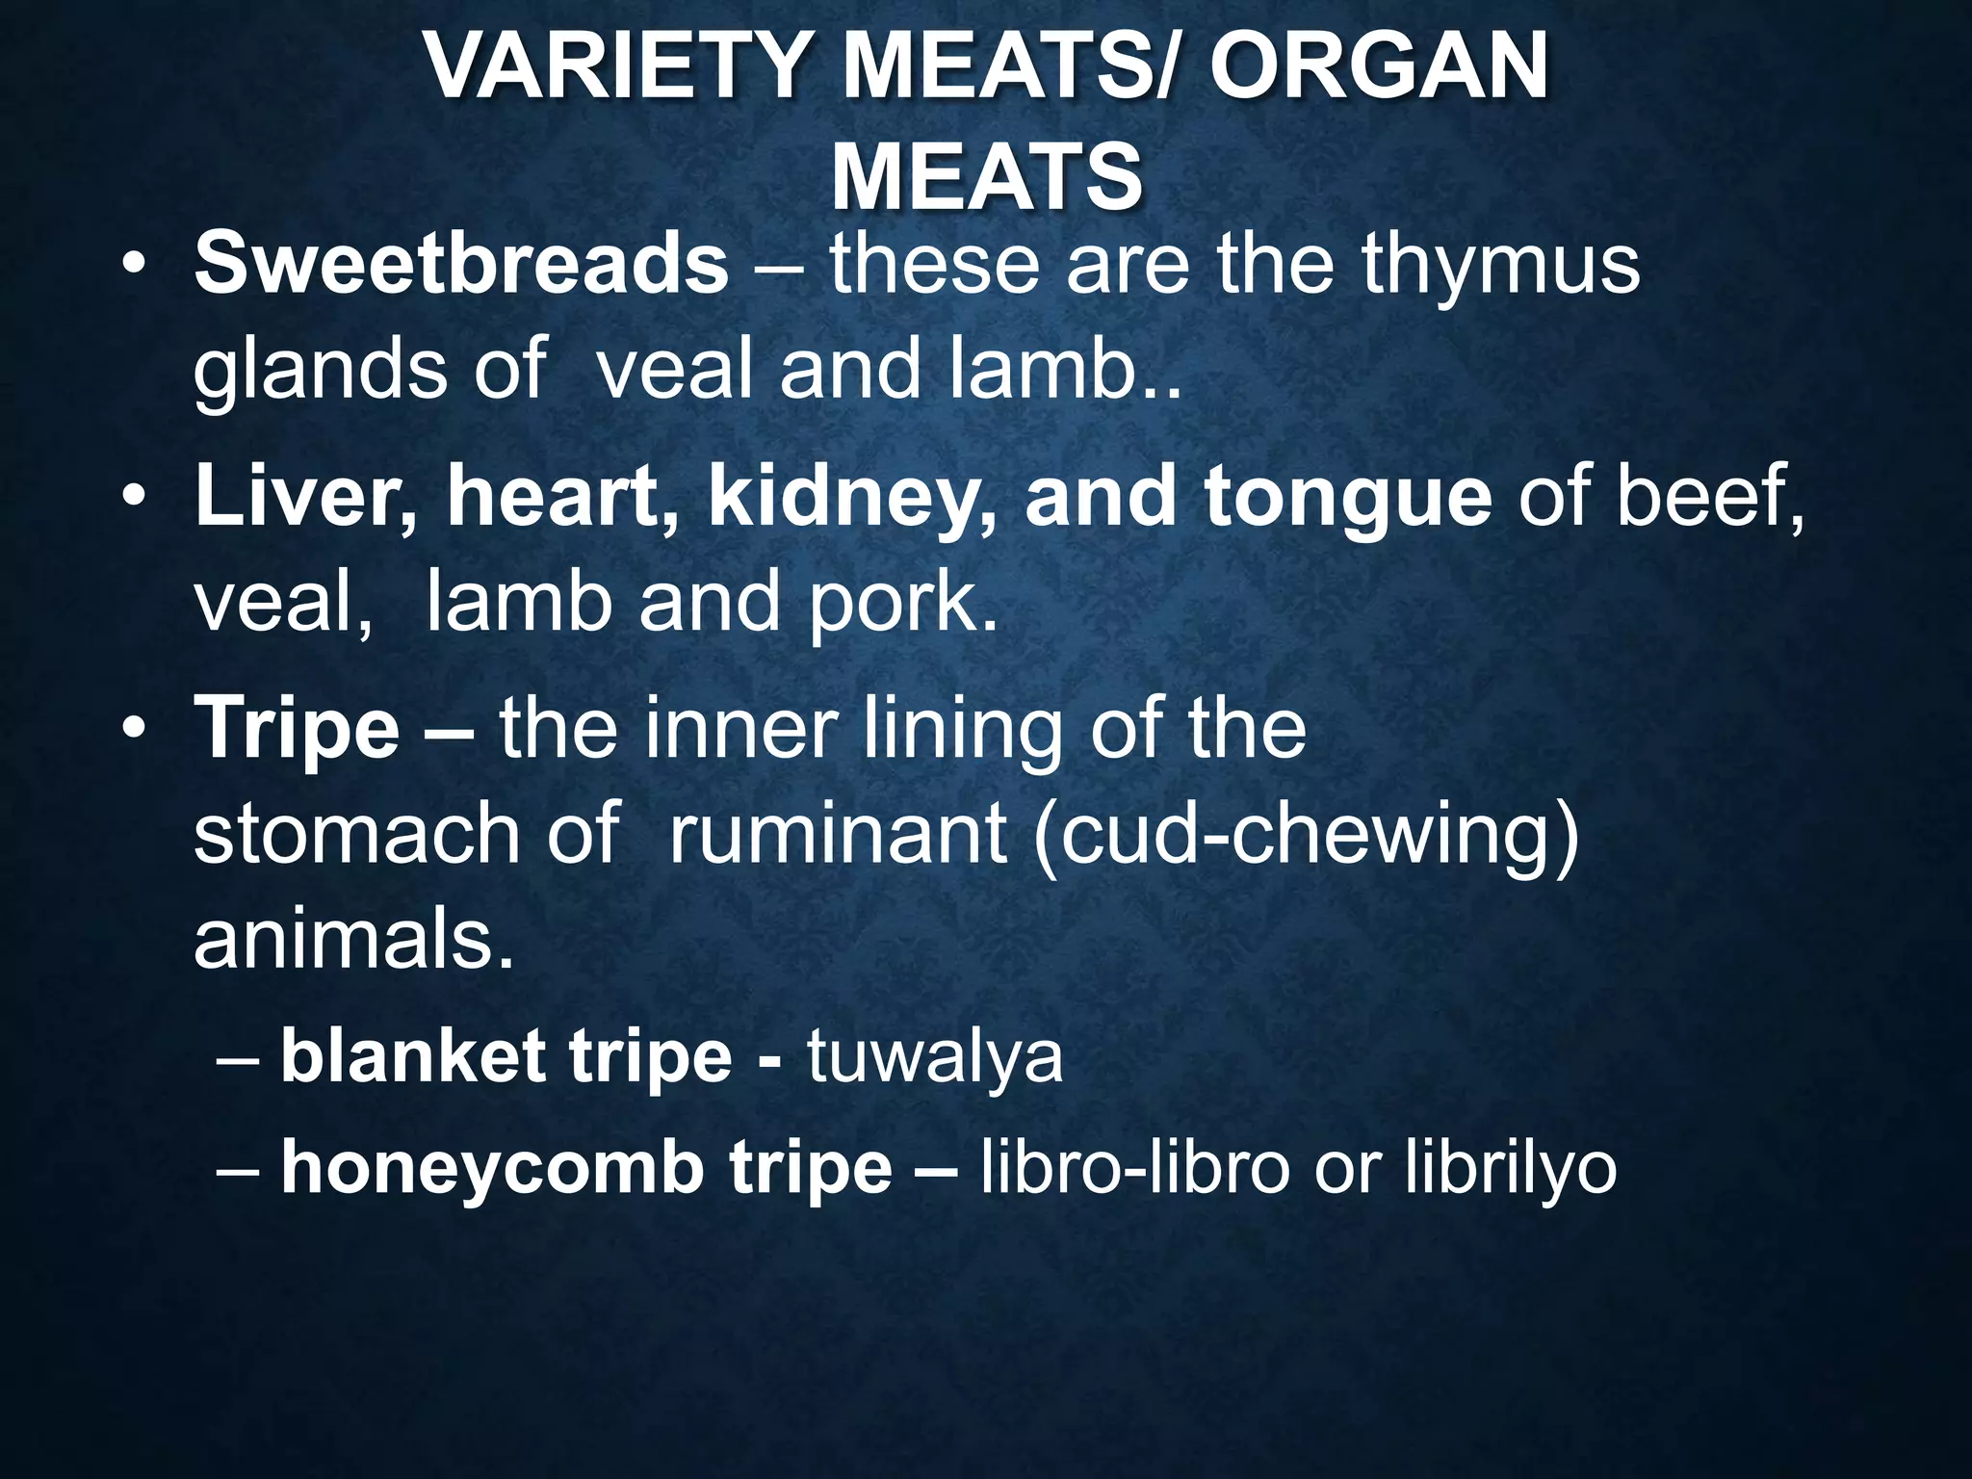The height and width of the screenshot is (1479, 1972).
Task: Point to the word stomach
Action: point(357,832)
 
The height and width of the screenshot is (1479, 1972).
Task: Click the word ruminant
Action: point(838,832)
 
